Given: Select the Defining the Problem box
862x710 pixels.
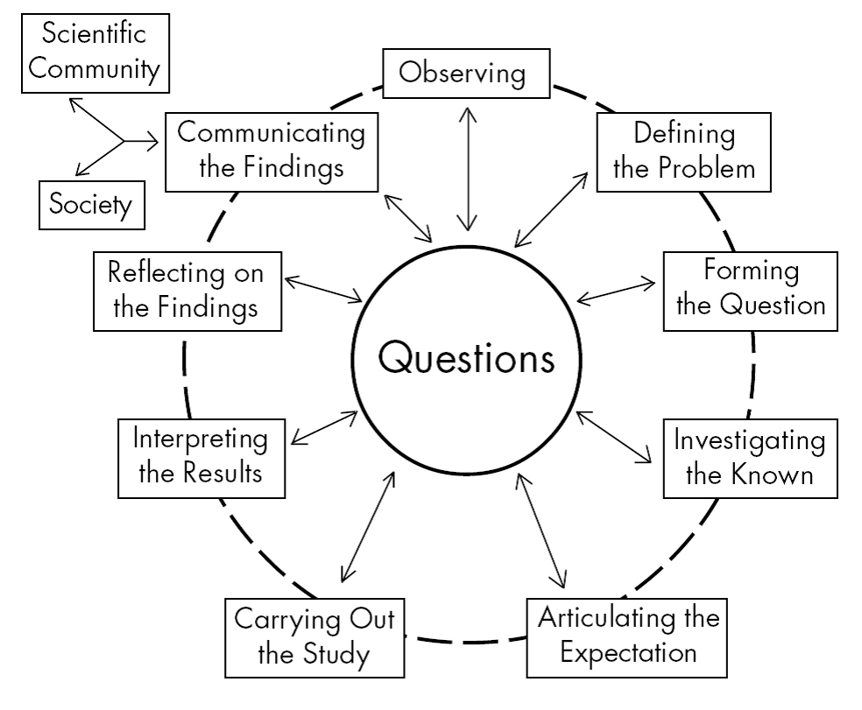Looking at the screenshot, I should (x=684, y=151).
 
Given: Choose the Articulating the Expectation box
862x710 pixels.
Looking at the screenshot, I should (x=629, y=635).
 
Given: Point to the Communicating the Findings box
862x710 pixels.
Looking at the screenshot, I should (x=272, y=150).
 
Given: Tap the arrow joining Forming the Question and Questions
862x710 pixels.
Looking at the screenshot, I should (x=617, y=293).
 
